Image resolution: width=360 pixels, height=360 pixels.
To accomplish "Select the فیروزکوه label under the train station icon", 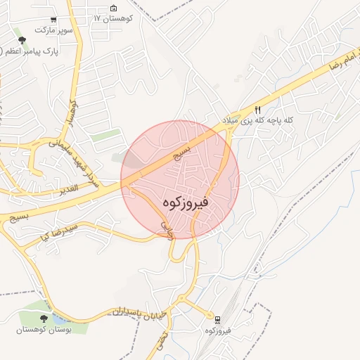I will [219, 330].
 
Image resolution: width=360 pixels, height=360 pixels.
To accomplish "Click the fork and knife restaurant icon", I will [258, 110].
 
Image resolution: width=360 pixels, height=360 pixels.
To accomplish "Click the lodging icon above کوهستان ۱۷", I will [114, 8].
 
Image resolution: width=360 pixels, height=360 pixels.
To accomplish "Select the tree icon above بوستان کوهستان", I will [44, 318].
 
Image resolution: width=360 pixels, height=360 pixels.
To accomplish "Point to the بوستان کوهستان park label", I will [44, 329].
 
